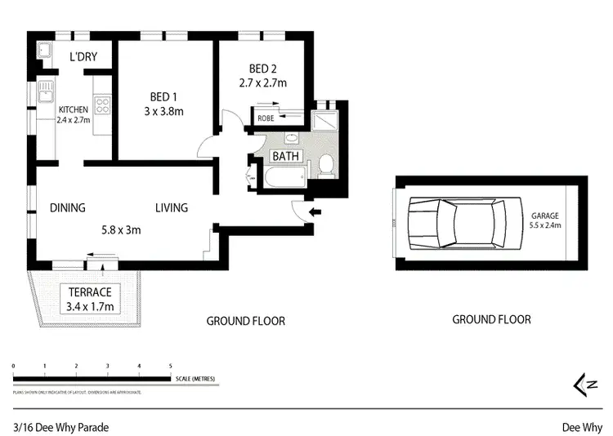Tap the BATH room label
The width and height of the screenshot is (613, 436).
point(286,157)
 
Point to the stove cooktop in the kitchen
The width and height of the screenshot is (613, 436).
point(103,105)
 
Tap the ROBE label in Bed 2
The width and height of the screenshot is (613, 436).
point(266,118)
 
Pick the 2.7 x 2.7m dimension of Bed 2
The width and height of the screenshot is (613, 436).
point(262,82)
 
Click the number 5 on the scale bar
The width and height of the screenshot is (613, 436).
point(170,366)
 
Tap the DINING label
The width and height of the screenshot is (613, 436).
point(67,207)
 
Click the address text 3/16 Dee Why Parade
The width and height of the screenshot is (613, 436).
point(60,426)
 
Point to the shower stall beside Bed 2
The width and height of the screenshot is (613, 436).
point(329,119)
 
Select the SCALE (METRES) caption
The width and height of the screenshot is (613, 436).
point(193,378)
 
